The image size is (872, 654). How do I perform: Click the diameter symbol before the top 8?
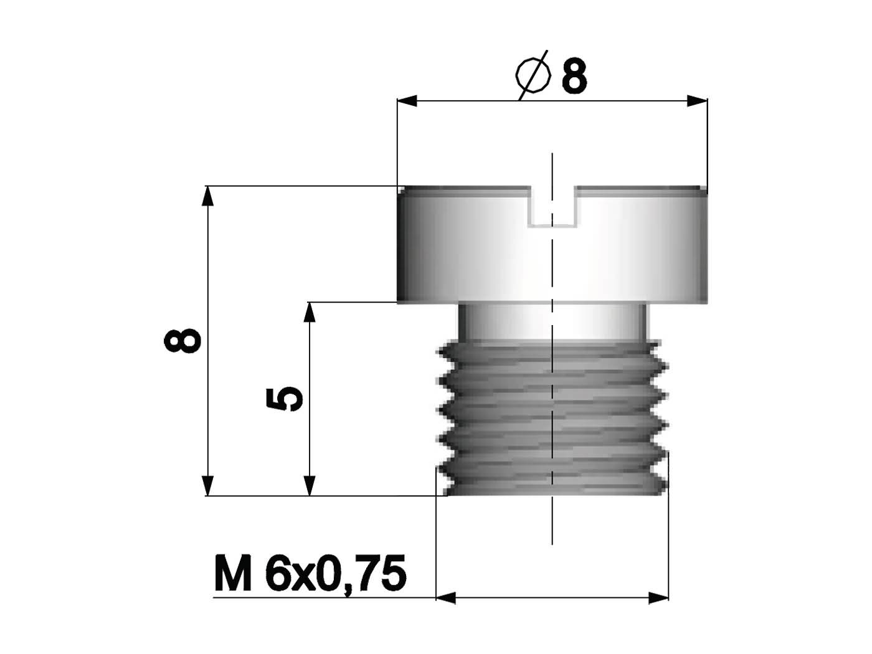[x=534, y=75]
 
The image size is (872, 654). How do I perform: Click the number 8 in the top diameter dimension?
[x=574, y=77]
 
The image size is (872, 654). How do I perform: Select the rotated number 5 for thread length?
[x=285, y=399]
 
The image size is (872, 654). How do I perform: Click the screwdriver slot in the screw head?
[x=551, y=206]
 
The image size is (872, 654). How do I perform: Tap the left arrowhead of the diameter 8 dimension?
[x=407, y=102]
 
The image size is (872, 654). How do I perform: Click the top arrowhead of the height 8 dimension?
[x=208, y=196]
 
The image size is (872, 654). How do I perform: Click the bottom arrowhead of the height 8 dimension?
[x=208, y=486]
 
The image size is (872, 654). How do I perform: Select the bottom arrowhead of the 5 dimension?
[x=309, y=486]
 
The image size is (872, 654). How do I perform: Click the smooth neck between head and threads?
[x=551, y=321]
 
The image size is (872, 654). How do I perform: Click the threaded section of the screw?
[x=551, y=417]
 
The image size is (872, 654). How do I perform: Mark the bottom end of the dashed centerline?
[x=552, y=543]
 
